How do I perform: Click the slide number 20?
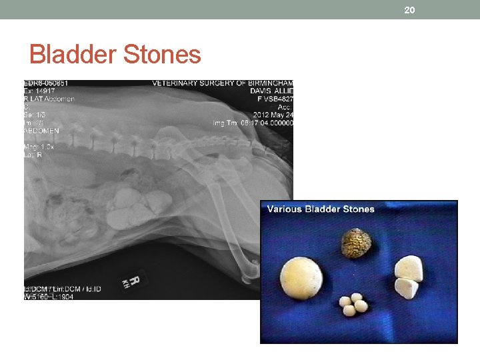coord(409,9)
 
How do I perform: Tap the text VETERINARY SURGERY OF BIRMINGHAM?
coord(223,83)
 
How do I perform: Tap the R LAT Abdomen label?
coord(49,99)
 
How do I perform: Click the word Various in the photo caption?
coord(285,209)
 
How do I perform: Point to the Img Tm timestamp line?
coord(253,123)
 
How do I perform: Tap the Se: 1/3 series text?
coord(37,115)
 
